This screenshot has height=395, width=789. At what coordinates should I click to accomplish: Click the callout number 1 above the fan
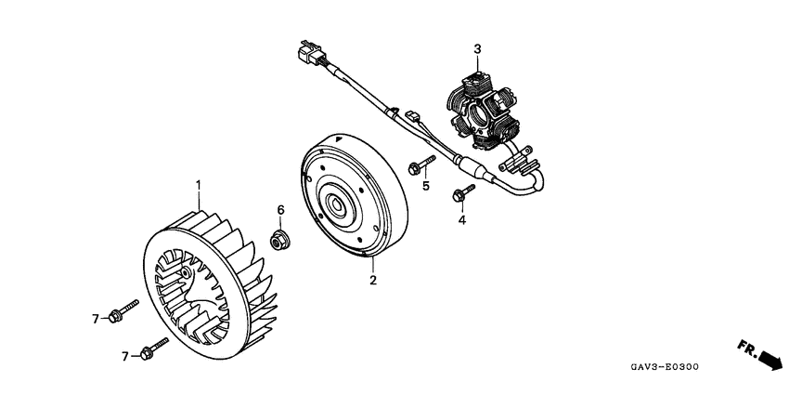coord(198,185)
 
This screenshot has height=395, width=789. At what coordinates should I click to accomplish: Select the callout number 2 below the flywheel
coord(372,279)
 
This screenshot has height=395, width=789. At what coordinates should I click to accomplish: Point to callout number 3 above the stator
coord(477,48)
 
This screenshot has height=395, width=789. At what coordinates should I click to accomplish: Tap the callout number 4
coord(459,221)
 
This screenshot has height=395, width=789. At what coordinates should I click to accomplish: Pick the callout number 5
coord(426,186)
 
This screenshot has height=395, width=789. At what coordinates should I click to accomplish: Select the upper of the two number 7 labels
coord(95,319)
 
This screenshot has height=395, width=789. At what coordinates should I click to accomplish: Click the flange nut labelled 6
coord(277,242)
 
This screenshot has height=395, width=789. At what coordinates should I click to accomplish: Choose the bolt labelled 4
coord(462,194)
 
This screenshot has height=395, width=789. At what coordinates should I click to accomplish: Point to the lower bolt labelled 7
coord(150,349)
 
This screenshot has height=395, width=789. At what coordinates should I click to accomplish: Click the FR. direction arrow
coord(758,353)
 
